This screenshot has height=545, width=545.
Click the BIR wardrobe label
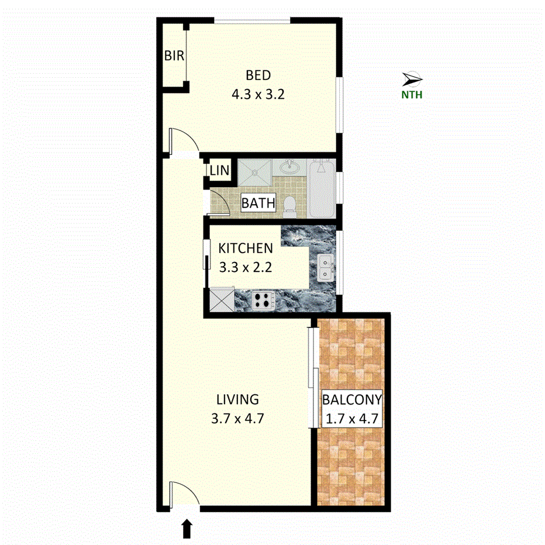(x=174, y=56)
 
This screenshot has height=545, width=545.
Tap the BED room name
(x=258, y=75)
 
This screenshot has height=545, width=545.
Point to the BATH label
(x=258, y=203)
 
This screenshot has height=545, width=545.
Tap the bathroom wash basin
(x=289, y=168)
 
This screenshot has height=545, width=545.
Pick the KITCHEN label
(x=246, y=249)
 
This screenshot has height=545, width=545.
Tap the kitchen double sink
(x=326, y=268)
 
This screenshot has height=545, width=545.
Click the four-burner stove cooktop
(x=264, y=301)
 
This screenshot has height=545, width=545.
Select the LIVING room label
(x=237, y=400)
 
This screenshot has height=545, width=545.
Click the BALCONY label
(x=352, y=401)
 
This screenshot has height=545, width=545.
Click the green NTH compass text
(x=412, y=94)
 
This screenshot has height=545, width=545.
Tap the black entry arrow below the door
(x=187, y=529)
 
